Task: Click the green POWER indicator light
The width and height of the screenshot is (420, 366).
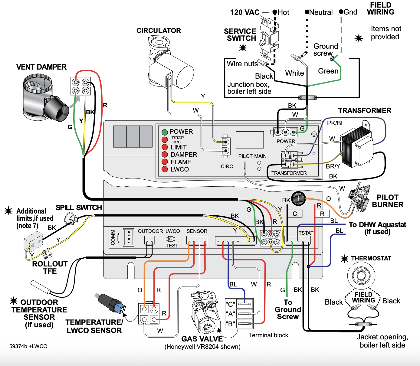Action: click(165, 132)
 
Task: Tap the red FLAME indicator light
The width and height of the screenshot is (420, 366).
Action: click(165, 162)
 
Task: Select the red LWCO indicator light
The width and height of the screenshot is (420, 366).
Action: click(165, 169)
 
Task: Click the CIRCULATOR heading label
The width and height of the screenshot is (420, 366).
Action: click(159, 31)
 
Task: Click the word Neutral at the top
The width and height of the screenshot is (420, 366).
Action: click(321, 12)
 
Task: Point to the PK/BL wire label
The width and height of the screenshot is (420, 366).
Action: click(336, 123)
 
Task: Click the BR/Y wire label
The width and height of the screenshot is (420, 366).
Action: click(333, 166)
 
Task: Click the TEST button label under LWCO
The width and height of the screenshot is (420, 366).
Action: click(172, 246)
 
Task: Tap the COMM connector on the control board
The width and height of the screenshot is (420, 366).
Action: click(129, 237)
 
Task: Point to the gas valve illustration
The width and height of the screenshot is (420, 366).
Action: click(204, 310)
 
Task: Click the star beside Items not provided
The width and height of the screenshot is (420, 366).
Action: click(359, 38)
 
